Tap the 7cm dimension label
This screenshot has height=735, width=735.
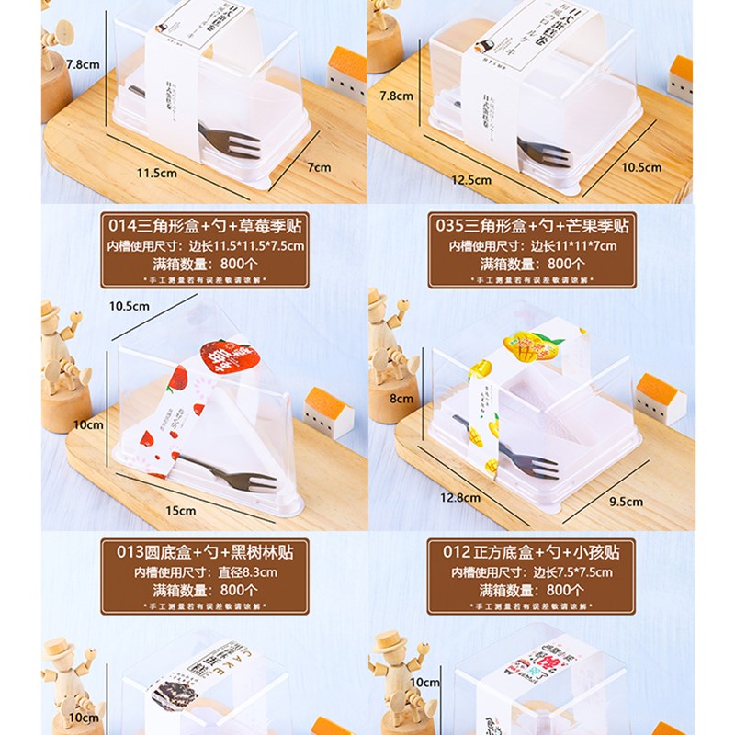tap(319, 166)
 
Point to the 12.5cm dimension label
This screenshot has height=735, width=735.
tap(472, 180)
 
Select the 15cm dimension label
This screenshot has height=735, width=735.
tap(181, 510)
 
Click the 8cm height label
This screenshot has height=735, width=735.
tap(401, 399)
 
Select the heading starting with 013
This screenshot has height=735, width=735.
tap(204, 552)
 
